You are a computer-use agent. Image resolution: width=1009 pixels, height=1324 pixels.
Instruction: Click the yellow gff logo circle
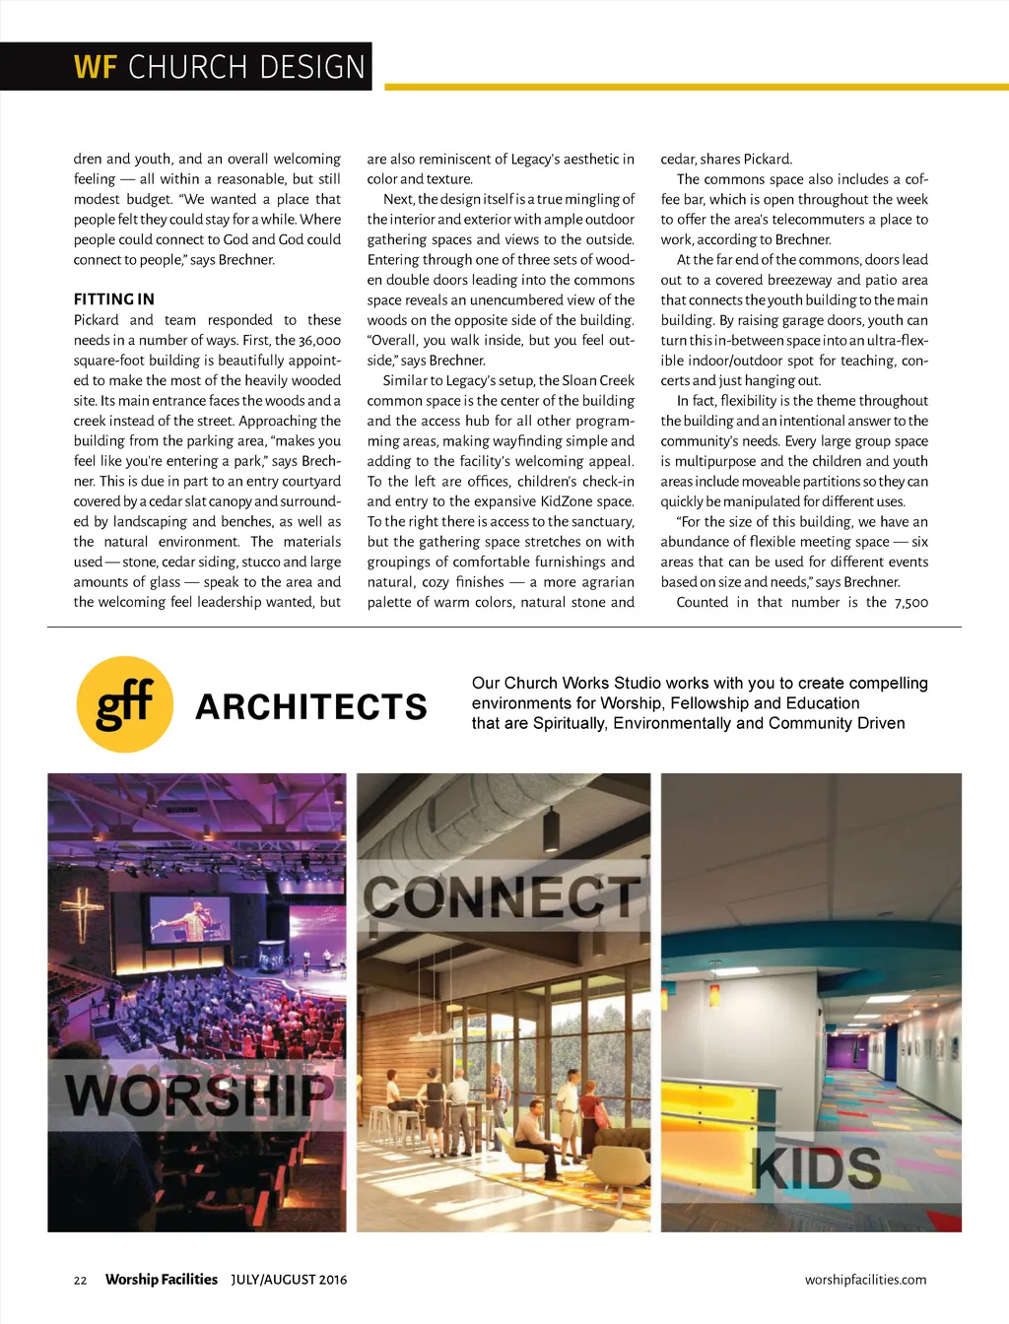[x=125, y=704]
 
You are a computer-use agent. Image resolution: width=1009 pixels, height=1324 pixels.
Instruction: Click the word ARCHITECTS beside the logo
[x=311, y=706]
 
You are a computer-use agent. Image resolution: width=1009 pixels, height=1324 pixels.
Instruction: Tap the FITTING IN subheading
[x=113, y=299]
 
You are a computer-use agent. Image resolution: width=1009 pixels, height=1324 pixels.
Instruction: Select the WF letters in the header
[x=96, y=67]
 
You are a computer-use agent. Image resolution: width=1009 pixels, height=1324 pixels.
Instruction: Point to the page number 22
[x=80, y=1281]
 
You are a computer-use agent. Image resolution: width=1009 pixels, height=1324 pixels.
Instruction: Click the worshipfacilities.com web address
[x=865, y=1280]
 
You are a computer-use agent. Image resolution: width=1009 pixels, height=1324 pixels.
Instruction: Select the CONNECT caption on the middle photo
[x=503, y=896]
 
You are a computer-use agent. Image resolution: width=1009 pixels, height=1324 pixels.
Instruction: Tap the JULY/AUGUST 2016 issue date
[x=289, y=1280]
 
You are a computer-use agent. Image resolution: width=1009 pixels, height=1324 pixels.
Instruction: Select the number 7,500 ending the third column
[x=910, y=603]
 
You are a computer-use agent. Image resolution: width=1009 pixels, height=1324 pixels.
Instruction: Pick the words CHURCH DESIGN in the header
[x=246, y=67]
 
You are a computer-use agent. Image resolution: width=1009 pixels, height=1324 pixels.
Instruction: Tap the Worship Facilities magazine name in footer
[x=161, y=1280]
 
